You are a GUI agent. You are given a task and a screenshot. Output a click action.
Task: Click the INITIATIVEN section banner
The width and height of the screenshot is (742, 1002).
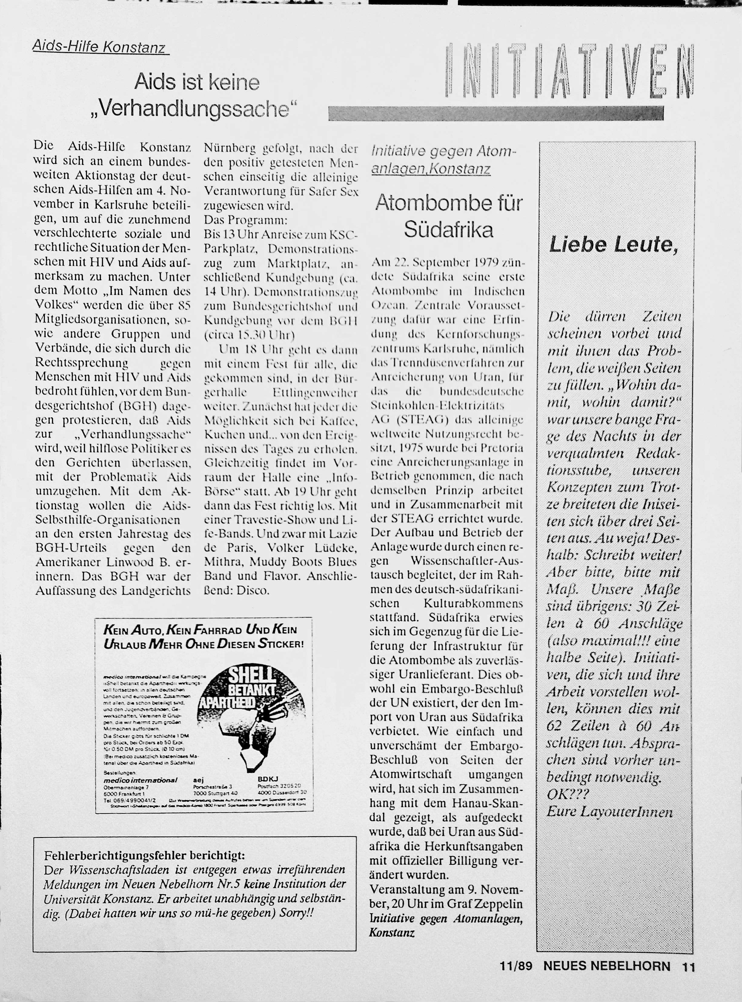click(x=570, y=71)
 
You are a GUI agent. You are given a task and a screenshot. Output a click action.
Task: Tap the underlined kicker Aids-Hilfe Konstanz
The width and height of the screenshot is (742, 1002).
click(x=99, y=47)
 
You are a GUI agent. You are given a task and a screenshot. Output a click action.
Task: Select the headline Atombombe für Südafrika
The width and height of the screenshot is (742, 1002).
click(x=449, y=216)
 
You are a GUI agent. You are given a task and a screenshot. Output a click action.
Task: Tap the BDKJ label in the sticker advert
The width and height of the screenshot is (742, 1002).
click(x=268, y=779)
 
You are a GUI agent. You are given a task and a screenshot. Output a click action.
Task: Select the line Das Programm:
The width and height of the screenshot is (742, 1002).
click(x=245, y=220)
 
